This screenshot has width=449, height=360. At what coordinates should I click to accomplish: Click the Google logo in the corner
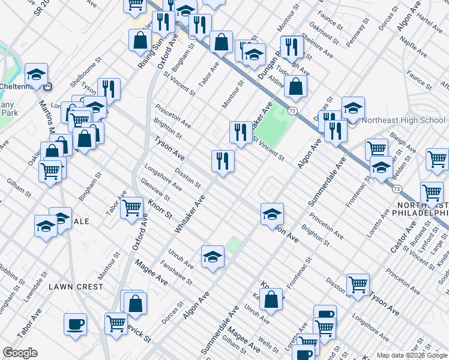point(20,353)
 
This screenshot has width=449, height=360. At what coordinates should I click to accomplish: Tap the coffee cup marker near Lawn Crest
point(76,323)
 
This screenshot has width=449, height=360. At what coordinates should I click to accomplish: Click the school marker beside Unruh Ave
point(212,257)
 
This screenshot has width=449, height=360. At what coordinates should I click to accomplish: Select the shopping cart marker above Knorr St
point(131,208)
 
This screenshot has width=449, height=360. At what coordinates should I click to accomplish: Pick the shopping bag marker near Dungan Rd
point(295,86)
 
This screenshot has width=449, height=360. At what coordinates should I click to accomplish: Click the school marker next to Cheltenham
point(36,74)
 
